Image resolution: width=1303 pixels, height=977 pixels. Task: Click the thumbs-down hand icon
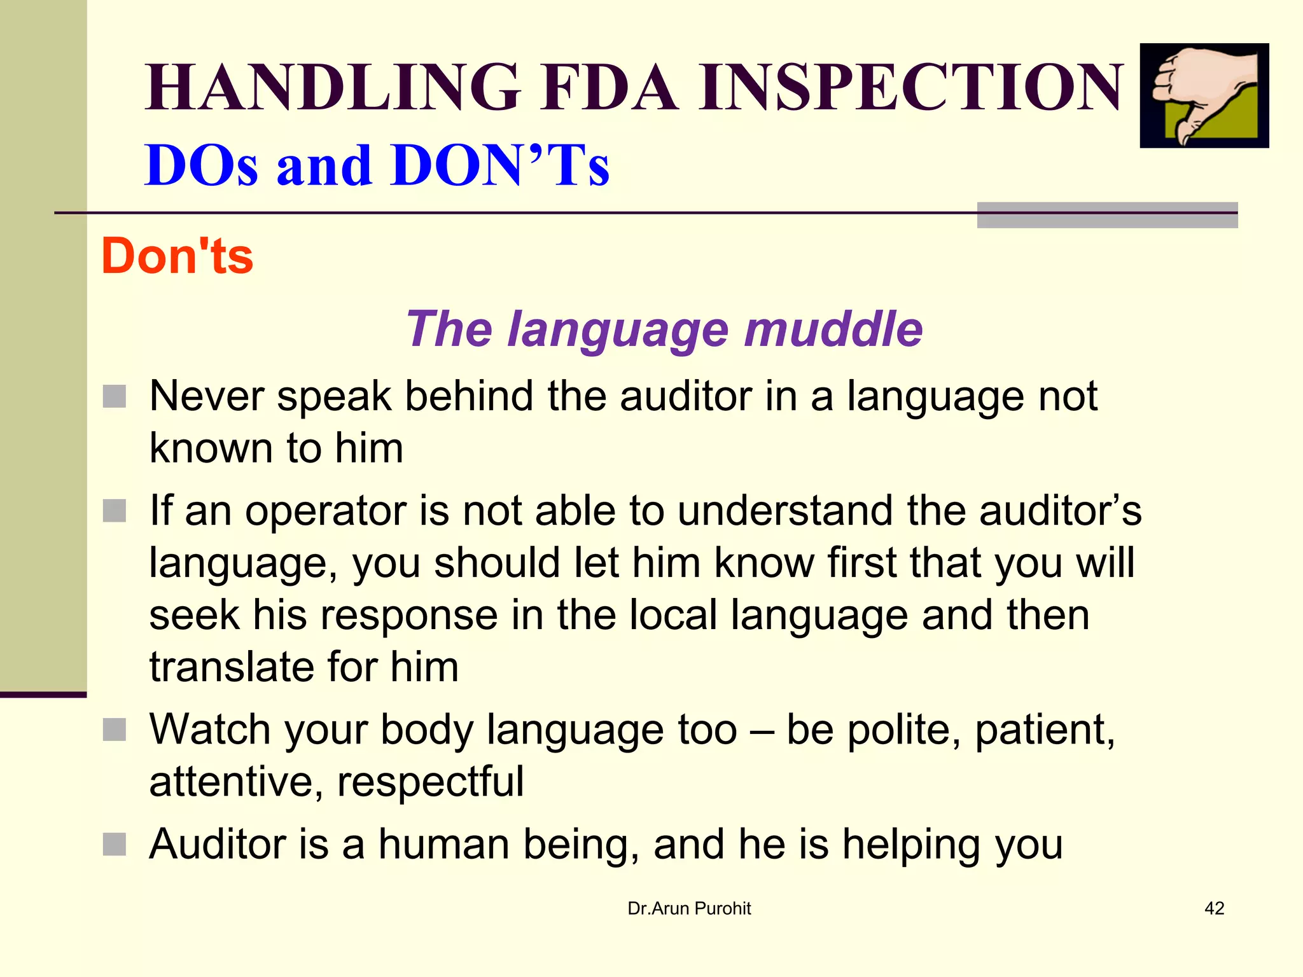point(1203,95)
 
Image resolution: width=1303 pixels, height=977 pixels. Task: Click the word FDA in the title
point(610,87)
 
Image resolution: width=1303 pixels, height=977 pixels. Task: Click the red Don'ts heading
point(178,256)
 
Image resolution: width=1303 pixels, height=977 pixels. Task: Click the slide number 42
point(1214,908)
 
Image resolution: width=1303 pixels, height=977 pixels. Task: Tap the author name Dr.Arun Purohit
point(689,908)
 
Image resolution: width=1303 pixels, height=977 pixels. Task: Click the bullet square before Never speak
point(115,396)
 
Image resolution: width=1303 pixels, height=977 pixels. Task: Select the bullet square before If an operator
point(115,510)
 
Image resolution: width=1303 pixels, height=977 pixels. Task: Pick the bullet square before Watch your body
point(115,730)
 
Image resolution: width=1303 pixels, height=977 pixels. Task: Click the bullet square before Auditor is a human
point(115,845)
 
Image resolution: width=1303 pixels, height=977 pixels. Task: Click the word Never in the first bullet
point(206,396)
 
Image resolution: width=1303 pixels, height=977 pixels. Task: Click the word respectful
point(430,782)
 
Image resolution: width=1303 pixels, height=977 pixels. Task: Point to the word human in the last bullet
point(443,845)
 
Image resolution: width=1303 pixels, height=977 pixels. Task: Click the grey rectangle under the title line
point(1106,216)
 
